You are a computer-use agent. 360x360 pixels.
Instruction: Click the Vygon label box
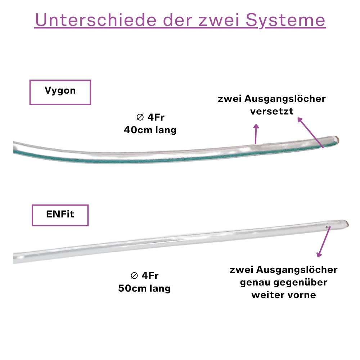click(60, 92)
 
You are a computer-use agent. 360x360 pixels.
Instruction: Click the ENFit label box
click(60, 215)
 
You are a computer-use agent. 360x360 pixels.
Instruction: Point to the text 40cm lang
click(150, 130)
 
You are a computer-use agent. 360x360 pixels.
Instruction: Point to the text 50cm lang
click(144, 288)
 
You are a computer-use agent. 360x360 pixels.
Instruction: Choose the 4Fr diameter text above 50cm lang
click(144, 276)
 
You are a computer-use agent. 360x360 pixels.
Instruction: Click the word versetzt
click(272, 111)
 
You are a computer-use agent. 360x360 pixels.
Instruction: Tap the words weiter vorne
click(284, 295)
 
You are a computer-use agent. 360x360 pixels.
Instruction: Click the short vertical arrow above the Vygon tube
click(256, 134)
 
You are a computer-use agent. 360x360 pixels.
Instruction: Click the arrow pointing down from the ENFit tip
click(324, 242)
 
